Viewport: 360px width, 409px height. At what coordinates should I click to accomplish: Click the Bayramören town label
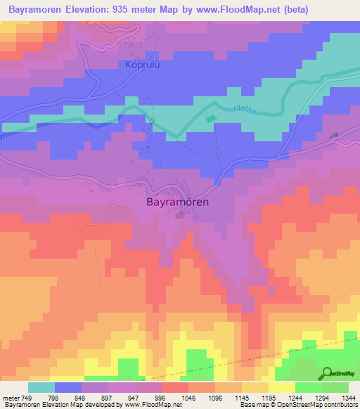coord(178,201)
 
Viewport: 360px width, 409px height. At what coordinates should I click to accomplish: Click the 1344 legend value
coord(349,398)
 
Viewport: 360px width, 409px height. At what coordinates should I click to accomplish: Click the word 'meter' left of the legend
coord(11,398)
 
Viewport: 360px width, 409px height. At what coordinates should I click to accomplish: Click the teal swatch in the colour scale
coord(41,387)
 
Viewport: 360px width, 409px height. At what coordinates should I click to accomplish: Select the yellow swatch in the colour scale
coord(282,387)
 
